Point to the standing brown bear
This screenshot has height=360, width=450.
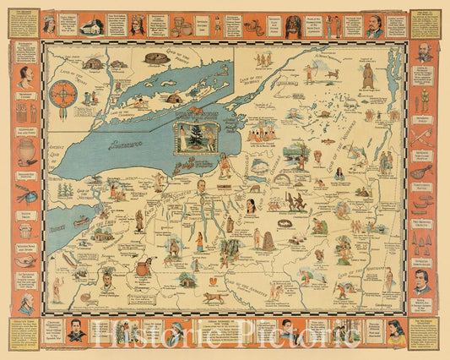click(x=369, y=77)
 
